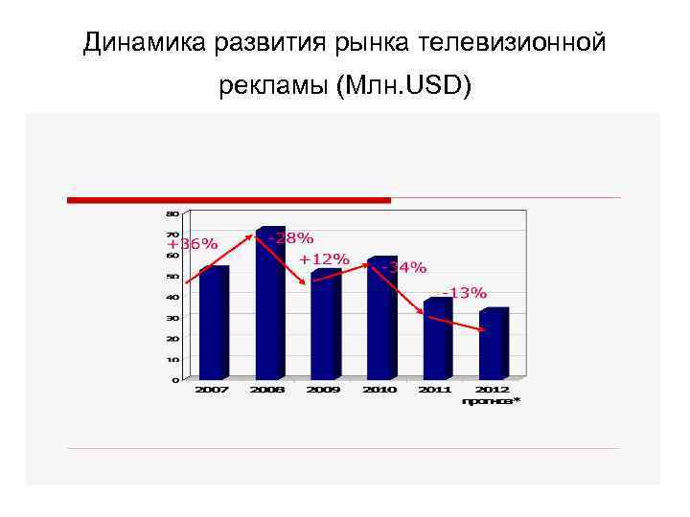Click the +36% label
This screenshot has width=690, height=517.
pyautogui.click(x=192, y=244)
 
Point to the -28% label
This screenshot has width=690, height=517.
pyautogui.click(x=291, y=237)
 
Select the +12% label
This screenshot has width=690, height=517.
pyautogui.click(x=324, y=259)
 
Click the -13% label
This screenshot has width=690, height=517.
pyautogui.click(x=464, y=292)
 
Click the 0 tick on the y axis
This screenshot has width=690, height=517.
pyautogui.click(x=174, y=379)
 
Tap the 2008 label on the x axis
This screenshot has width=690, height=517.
pyautogui.click(x=267, y=391)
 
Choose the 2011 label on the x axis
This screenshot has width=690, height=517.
pyautogui.click(x=435, y=391)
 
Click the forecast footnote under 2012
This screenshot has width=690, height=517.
pyautogui.click(x=491, y=401)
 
